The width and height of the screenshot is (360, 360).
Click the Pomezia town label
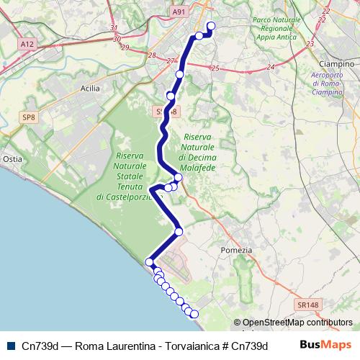click(x=241, y=250)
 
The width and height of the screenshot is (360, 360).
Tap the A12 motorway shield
click(x=27, y=44)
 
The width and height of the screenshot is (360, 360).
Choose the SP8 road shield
click(x=28, y=116)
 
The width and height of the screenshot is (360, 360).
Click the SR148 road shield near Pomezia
click(x=307, y=305)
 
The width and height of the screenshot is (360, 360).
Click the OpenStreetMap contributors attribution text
click(x=297, y=323)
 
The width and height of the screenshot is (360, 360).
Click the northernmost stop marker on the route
click(x=212, y=27)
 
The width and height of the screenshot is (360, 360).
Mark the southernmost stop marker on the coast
click(x=194, y=313)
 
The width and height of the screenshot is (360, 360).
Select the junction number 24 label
click(x=271, y=67)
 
